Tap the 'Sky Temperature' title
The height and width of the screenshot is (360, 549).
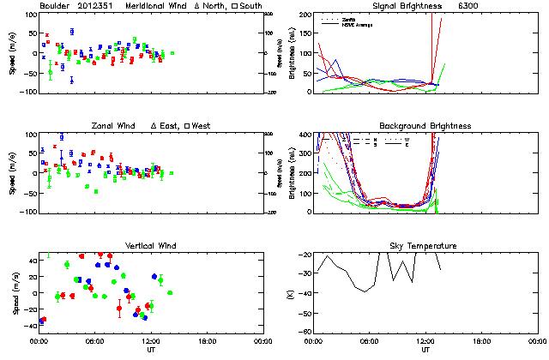pyautogui.click(x=425, y=246)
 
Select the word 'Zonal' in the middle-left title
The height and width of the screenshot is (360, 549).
pyautogui.click(x=105, y=126)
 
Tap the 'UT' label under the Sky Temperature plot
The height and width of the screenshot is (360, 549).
pyautogui.click(x=425, y=350)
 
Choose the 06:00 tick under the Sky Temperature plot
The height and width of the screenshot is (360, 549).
pyautogui.click(x=370, y=340)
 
